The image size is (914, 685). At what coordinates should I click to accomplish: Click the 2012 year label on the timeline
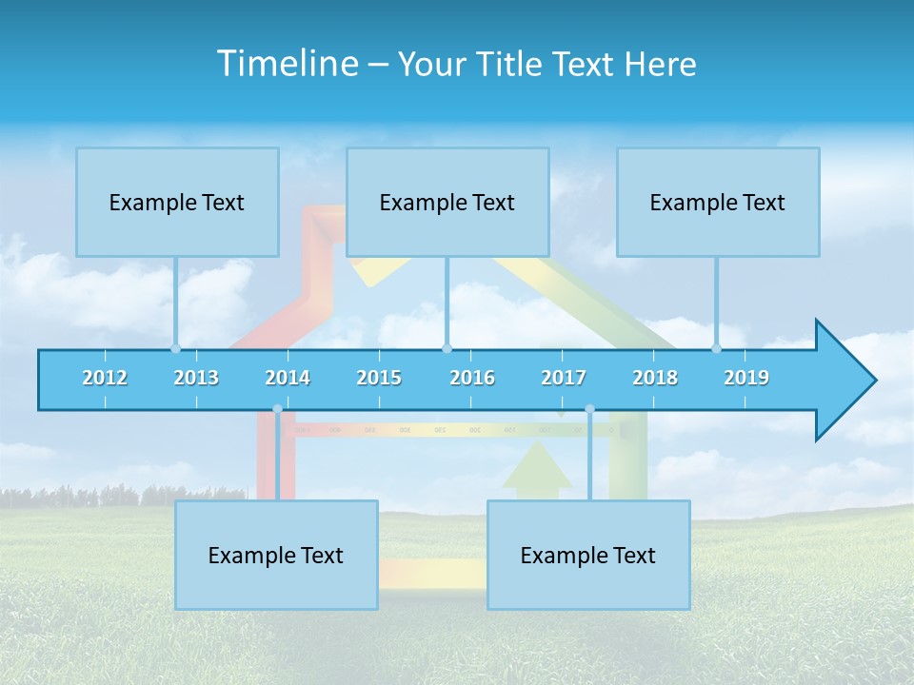pyautogui.click(x=105, y=378)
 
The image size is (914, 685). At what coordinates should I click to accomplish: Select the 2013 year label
pyautogui.click(x=196, y=378)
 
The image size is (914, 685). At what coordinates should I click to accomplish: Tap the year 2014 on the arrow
pyautogui.click(x=288, y=378)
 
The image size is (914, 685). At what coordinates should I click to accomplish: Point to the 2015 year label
pyautogui.click(x=379, y=378)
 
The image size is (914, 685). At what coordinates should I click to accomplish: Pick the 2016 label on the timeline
pyautogui.click(x=472, y=378)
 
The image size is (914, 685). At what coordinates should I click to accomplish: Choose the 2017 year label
pyautogui.click(x=564, y=378)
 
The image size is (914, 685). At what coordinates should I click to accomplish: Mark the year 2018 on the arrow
pyautogui.click(x=655, y=378)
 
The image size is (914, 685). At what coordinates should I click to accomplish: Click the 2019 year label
pyautogui.click(x=746, y=378)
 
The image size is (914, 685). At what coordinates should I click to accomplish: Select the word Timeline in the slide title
pyautogui.click(x=287, y=64)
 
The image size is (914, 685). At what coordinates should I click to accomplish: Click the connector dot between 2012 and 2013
pyautogui.click(x=175, y=348)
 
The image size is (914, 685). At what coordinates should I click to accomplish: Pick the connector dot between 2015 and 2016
pyautogui.click(x=447, y=348)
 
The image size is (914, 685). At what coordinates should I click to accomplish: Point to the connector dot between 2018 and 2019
pyautogui.click(x=717, y=348)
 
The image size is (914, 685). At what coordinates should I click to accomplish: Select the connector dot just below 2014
pyautogui.click(x=277, y=409)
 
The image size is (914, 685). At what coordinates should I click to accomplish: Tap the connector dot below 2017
pyautogui.click(x=589, y=409)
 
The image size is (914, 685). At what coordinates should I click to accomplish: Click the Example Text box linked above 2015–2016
pyautogui.click(x=447, y=202)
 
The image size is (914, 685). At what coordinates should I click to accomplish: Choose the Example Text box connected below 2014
pyautogui.click(x=276, y=555)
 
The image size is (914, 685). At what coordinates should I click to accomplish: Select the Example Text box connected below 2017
pyautogui.click(x=588, y=555)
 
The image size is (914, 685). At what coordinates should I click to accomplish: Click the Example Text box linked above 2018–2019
pyautogui.click(x=718, y=202)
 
